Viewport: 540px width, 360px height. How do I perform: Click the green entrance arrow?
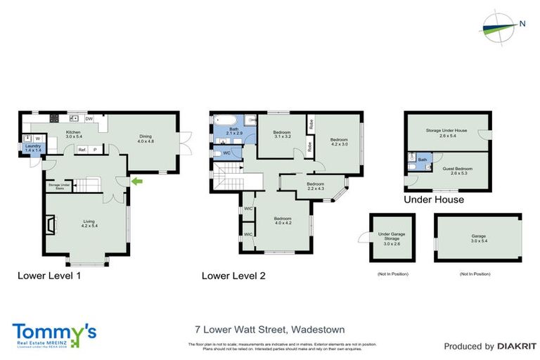coord(139,182)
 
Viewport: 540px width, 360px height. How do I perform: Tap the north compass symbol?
coord(500,25)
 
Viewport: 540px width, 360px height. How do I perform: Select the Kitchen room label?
coord(73,134)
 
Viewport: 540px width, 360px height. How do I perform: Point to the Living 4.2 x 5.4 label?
coord(88,224)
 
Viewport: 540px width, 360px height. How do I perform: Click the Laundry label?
coord(33,148)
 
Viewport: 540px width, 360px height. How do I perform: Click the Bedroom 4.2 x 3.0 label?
coord(340,143)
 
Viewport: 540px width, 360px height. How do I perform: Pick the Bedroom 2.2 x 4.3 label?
coord(314,186)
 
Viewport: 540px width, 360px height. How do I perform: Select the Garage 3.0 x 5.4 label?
coord(478,238)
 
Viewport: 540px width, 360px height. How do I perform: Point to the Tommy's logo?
coord(54,333)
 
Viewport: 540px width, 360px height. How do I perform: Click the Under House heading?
coord(433,200)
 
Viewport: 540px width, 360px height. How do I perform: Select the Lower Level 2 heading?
coord(233,276)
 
